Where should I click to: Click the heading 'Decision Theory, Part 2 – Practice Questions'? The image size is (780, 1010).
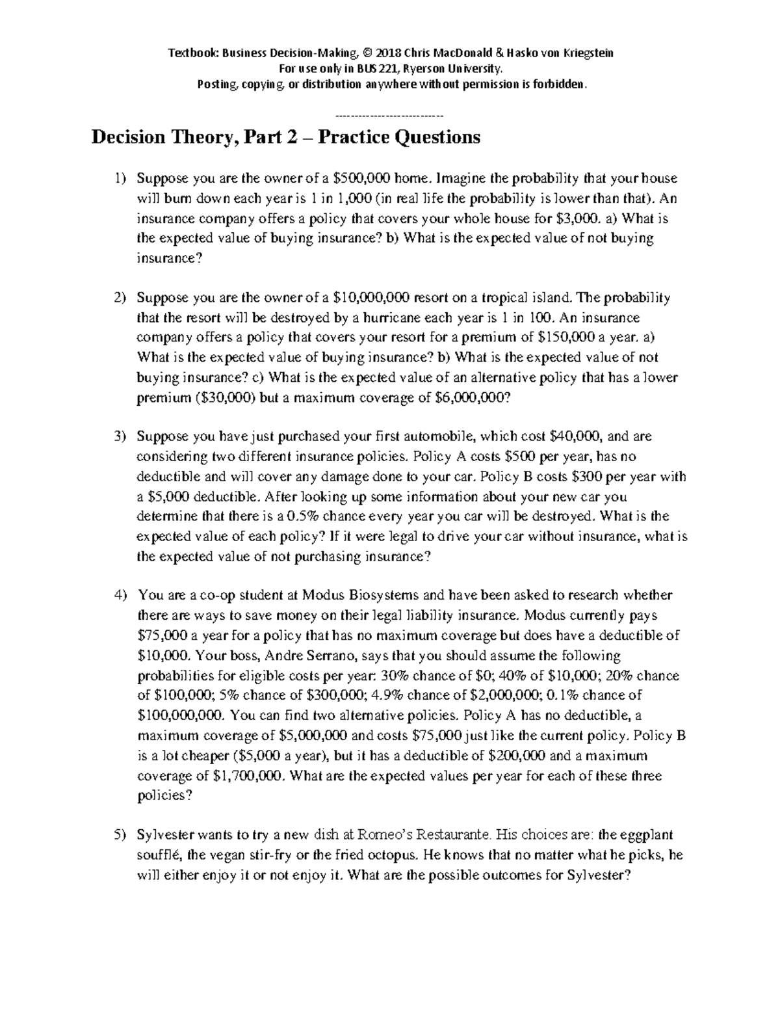286,138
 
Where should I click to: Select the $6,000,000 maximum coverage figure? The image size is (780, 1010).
472,398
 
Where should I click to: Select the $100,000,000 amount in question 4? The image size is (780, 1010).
181,715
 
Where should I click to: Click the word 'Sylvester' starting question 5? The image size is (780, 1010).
165,835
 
